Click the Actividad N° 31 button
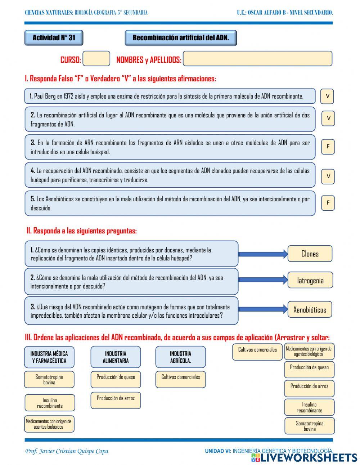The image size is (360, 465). [54, 38]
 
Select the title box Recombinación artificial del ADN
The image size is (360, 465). [181, 38]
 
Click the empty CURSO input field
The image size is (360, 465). [96, 59]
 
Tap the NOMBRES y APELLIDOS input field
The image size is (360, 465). [257, 59]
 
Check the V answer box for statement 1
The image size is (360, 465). [327, 96]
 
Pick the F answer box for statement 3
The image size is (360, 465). [328, 147]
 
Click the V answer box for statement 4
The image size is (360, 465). [328, 176]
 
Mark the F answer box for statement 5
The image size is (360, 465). [328, 203]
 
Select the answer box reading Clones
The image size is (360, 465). [310, 254]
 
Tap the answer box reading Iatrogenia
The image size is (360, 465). [310, 280]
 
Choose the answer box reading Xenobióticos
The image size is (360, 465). [309, 309]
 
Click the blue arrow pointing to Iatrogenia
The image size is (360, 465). [263, 280]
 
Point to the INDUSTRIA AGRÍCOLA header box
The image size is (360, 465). [180, 357]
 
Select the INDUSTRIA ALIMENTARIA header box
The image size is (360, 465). [116, 357]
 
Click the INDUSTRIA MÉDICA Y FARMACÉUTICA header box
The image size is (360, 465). [49, 357]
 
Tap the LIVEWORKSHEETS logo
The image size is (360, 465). [304, 457]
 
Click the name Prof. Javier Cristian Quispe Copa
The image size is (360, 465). [67, 451]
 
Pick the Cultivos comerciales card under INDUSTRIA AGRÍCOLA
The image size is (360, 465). [180, 379]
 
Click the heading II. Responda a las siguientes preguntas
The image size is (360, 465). [81, 231]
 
